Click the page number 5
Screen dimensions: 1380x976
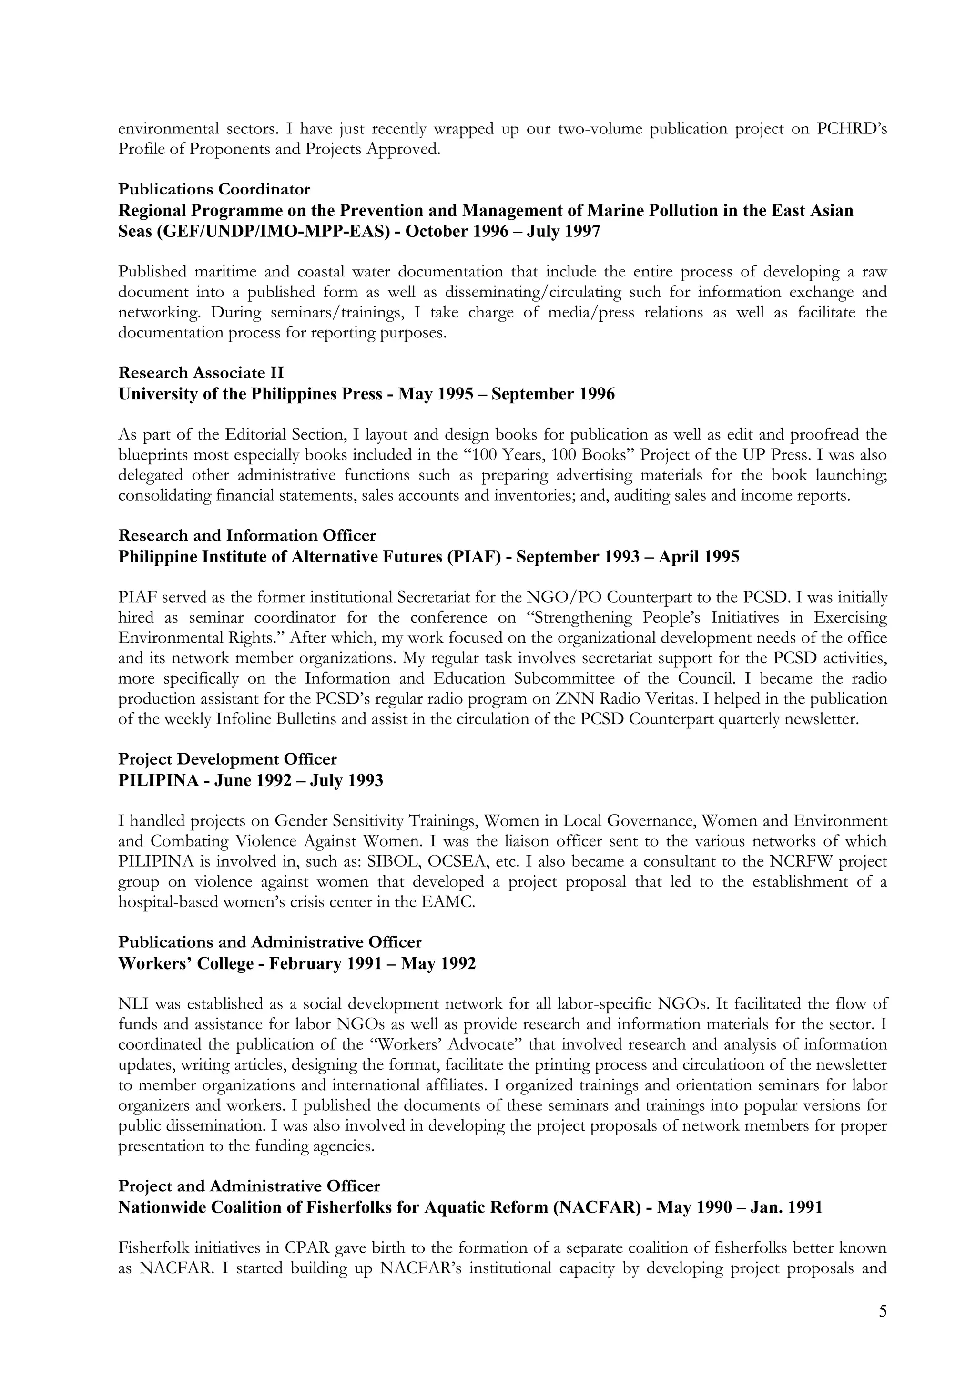(882, 1312)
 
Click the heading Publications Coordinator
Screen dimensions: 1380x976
(214, 189)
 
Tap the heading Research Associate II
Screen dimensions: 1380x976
(201, 373)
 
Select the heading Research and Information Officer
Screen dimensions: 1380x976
(246, 535)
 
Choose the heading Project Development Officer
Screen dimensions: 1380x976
(227, 759)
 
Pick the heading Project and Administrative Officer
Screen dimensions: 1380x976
(249, 1186)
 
